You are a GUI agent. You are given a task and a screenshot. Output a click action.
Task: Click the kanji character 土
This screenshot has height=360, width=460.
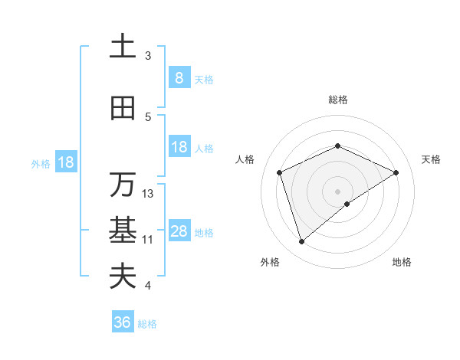[123, 47]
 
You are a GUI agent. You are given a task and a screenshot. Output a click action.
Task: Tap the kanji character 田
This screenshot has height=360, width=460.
[123, 109]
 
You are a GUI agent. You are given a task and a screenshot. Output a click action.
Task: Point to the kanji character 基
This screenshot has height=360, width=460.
[123, 231]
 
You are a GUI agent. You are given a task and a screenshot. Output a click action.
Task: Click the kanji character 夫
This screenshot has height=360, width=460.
[123, 277]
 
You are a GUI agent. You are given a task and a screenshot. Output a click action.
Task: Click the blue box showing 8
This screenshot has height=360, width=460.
[179, 77]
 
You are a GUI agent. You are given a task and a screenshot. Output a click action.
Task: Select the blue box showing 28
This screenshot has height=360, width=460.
[179, 231]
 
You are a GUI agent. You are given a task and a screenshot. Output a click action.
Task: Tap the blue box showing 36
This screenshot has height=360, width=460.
[122, 322]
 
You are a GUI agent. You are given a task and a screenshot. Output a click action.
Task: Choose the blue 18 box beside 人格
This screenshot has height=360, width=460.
[179, 147]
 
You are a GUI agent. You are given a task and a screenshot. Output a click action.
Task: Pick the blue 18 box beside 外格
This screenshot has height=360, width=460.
[65, 162]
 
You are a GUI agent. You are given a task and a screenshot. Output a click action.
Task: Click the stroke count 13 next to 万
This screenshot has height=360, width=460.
[148, 194]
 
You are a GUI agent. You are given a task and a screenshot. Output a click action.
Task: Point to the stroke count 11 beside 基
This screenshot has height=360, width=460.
[148, 240]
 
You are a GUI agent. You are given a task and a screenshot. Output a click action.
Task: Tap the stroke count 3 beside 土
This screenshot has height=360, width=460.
[148, 56]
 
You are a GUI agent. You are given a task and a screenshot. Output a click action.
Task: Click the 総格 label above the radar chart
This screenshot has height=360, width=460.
[338, 100]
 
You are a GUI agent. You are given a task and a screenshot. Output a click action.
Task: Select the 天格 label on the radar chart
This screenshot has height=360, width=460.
[431, 159]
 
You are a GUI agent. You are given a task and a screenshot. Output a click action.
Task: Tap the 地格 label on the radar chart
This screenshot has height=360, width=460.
[402, 262]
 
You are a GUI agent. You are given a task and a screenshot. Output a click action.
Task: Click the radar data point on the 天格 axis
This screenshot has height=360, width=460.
[396, 172]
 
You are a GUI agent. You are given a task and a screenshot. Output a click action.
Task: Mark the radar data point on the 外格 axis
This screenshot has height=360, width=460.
[302, 242]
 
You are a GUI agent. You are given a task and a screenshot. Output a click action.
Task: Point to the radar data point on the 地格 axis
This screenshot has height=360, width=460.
[347, 204]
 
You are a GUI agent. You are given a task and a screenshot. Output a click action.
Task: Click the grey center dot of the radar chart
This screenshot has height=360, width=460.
[338, 191]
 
